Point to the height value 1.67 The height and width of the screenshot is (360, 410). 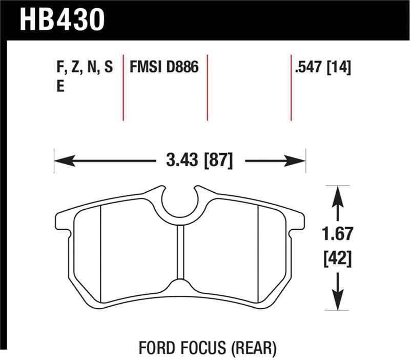(337, 235)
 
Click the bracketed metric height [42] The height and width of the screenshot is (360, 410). (337, 258)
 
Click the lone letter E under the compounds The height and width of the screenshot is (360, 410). (60, 87)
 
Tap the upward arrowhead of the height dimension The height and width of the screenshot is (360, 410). (337, 194)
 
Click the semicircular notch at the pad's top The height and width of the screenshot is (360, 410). (179, 203)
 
